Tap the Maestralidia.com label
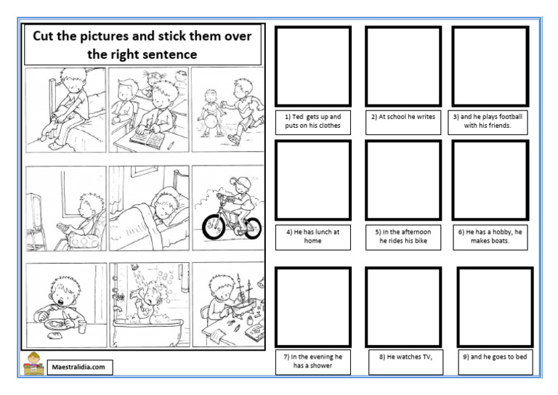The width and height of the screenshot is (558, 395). pyautogui.click(x=78, y=367)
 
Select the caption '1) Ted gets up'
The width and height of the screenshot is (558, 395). pyautogui.click(x=312, y=121)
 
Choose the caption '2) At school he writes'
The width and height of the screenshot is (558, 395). pyautogui.click(x=403, y=116)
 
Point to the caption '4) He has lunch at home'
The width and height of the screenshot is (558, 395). pyautogui.click(x=312, y=236)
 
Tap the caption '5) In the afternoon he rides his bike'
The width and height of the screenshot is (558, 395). pyautogui.click(x=403, y=236)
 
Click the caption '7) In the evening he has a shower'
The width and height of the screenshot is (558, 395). pyautogui.click(x=312, y=361)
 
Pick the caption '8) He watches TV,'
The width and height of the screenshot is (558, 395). pyautogui.click(x=405, y=357)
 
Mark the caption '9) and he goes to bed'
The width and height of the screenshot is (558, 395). pyautogui.click(x=496, y=357)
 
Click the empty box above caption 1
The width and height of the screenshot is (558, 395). pyautogui.click(x=313, y=66)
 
